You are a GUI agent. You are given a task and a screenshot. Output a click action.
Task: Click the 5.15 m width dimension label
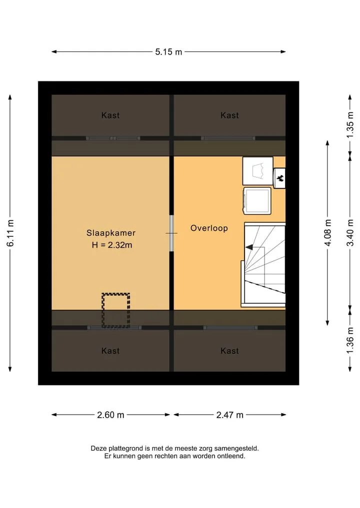[168, 52]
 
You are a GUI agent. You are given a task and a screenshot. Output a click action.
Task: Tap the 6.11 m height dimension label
[10, 233]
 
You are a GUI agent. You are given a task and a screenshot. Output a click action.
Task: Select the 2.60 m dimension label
[110, 415]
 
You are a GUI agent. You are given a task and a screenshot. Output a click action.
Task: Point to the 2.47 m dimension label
[229, 415]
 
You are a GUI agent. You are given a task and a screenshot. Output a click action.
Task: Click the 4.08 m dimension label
[328, 233]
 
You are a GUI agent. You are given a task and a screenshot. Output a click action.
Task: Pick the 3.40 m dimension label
[350, 233]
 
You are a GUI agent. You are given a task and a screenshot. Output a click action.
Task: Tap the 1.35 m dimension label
[350, 125]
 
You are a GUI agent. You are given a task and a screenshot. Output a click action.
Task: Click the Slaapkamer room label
[111, 233]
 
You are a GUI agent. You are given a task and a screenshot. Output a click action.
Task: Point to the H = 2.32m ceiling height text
[112, 245]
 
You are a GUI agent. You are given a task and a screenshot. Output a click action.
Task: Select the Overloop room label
[209, 228]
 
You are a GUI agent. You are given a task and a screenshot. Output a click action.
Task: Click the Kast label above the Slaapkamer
[110, 115]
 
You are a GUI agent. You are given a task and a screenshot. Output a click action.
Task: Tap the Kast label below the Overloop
[229, 351]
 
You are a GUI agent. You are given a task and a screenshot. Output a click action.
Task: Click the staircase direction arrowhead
[249, 247]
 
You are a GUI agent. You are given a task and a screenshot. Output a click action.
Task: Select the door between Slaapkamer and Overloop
[171, 233]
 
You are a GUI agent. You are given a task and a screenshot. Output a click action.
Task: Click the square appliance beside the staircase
[257, 201]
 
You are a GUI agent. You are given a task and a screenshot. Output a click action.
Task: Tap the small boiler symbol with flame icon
[279, 178]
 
